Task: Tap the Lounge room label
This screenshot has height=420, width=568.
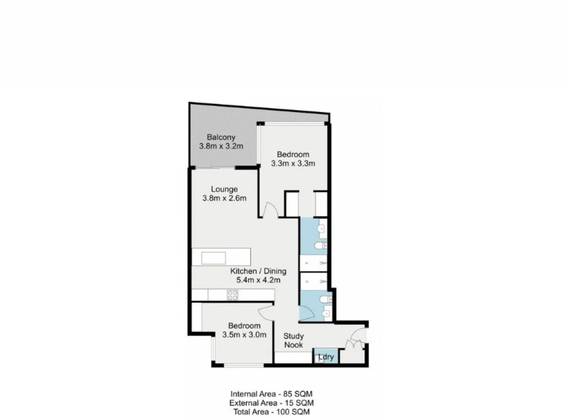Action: tap(224, 190)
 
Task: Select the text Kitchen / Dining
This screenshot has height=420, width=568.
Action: tap(258, 271)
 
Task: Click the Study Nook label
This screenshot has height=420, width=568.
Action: tap(293, 341)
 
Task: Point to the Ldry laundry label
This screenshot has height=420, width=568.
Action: tap(326, 358)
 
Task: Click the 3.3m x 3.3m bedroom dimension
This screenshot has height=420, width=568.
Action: tap(293, 164)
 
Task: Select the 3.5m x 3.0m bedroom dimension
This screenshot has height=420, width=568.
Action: tap(244, 335)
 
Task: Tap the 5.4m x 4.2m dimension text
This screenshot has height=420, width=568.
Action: tap(258, 280)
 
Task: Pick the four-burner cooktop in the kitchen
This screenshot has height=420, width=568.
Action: tap(232, 295)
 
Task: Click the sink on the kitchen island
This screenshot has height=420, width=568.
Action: tap(213, 258)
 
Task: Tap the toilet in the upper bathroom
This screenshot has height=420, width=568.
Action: tap(321, 245)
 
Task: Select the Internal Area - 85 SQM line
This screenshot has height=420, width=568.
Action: tap(272, 394)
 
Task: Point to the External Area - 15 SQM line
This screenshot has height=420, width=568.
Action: tap(272, 403)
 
